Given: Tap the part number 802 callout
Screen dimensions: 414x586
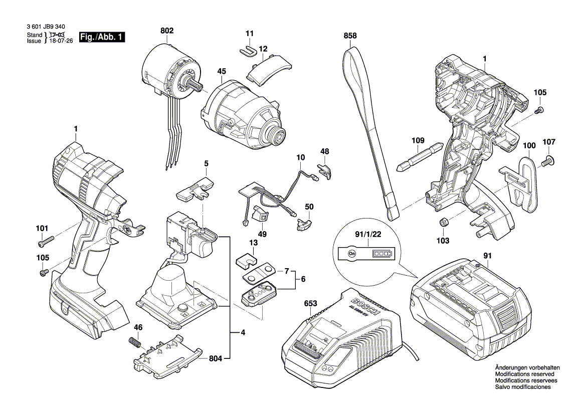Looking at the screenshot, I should (x=167, y=31).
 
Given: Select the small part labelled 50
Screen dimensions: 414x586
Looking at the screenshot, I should (x=304, y=223).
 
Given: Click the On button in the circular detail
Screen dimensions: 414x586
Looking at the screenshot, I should (x=352, y=254).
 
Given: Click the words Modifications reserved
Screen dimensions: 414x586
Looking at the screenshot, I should (x=524, y=374).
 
